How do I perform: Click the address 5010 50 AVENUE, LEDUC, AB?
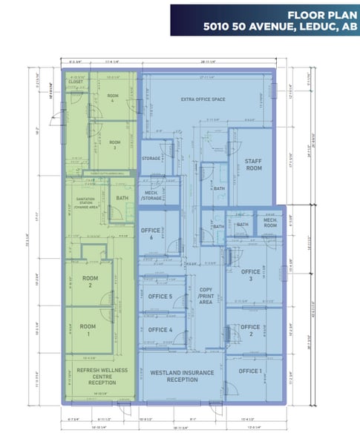[x=279, y=27]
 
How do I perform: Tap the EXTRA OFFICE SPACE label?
[x=203, y=99]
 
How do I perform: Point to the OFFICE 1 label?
[x=250, y=371]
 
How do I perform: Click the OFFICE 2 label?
[x=250, y=331]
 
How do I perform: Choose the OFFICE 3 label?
[x=251, y=275]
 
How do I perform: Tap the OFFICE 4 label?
[x=160, y=330]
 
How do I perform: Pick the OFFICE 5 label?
[x=160, y=297]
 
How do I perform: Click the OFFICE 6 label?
[x=151, y=234]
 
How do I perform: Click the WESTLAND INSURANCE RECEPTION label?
[x=172, y=374]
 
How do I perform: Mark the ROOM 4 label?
[x=113, y=99]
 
